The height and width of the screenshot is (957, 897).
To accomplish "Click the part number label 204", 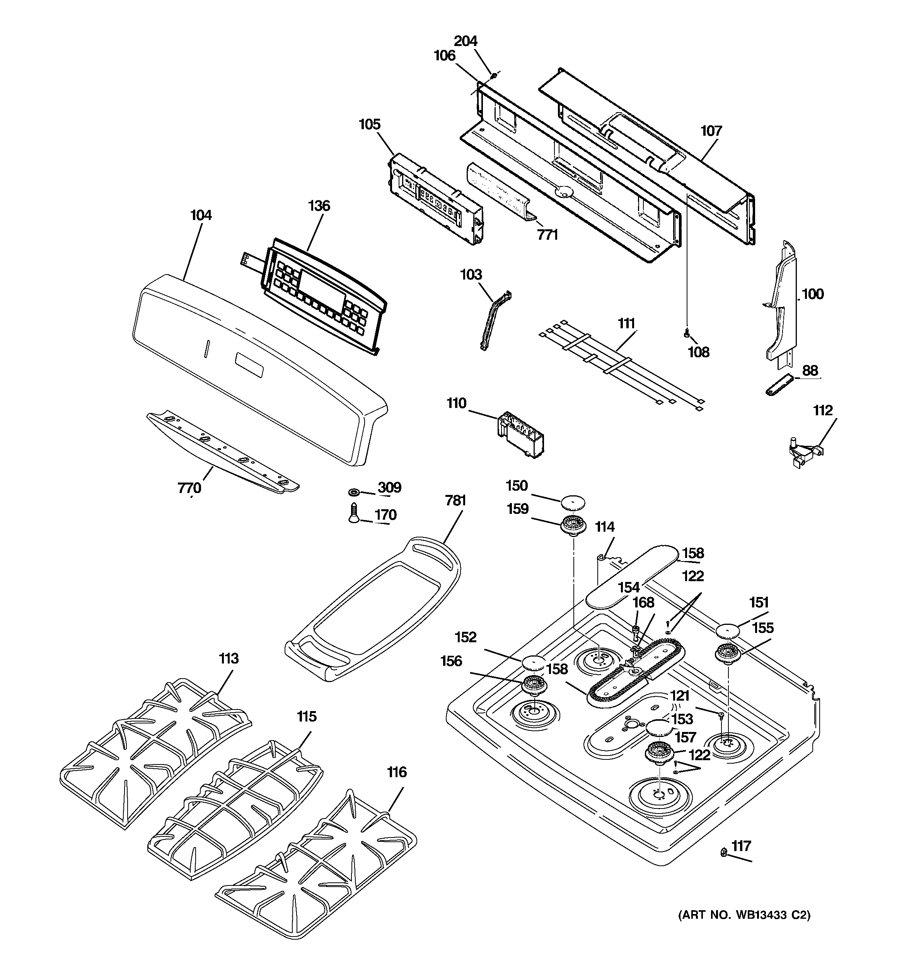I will pos(465,41).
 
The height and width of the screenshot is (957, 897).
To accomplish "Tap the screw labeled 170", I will pos(353,513).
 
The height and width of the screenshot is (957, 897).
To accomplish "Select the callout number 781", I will pos(455,501).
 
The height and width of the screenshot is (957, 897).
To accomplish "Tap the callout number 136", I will pos(319,206).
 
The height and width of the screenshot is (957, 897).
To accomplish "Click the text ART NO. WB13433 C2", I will pos(744,928).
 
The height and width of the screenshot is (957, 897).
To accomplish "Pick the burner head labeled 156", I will pos(534,687).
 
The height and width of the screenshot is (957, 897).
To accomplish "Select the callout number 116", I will pos(397,773).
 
